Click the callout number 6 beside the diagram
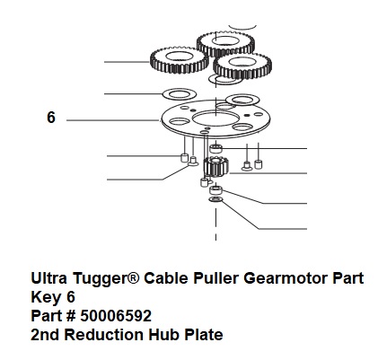[51, 118]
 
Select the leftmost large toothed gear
[179, 60]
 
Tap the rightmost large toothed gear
[242, 66]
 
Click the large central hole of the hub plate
[215, 118]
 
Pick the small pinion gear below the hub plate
[215, 167]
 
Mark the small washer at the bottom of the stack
[215, 199]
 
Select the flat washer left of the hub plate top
[179, 94]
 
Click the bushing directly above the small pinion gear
[215, 148]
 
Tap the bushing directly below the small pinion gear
[215, 190]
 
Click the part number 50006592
[116, 316]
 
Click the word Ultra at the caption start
[48, 278]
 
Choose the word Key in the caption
[46, 297]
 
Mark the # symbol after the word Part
[71, 316]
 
